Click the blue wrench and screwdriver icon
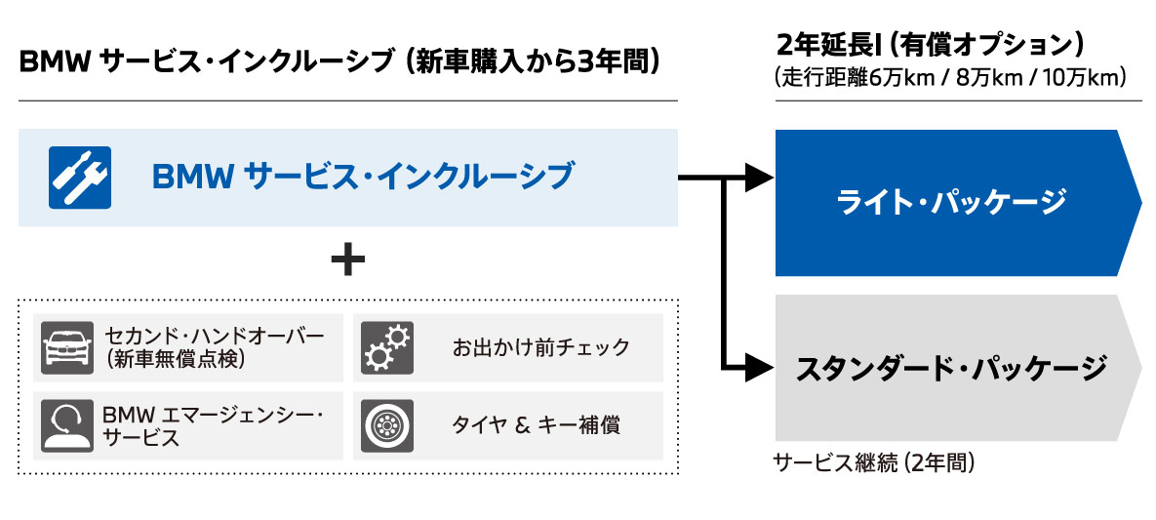79,176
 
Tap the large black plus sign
347,260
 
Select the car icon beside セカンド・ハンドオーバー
67,348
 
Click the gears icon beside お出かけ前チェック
386,348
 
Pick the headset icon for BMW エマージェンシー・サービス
67,426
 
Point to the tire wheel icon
386,426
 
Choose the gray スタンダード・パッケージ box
951,368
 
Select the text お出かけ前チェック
540,347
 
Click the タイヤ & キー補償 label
536,425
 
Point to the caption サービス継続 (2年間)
874,462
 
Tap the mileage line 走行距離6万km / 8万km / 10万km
951,76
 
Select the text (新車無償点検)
173,360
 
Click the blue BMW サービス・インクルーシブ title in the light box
363,176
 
